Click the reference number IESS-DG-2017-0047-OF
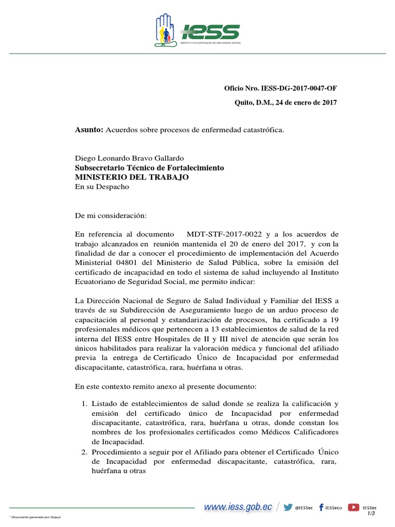tap(299, 89)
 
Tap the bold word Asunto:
tap(89, 130)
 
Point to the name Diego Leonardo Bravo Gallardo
tap(129, 158)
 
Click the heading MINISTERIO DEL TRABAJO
tap(132, 177)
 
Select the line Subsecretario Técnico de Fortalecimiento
tap(149, 168)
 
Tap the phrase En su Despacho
tap(102, 186)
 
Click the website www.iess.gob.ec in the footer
tap(238, 507)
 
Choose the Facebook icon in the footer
tap(321, 507)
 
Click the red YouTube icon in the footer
tap(353, 507)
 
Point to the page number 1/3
tap(371, 513)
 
